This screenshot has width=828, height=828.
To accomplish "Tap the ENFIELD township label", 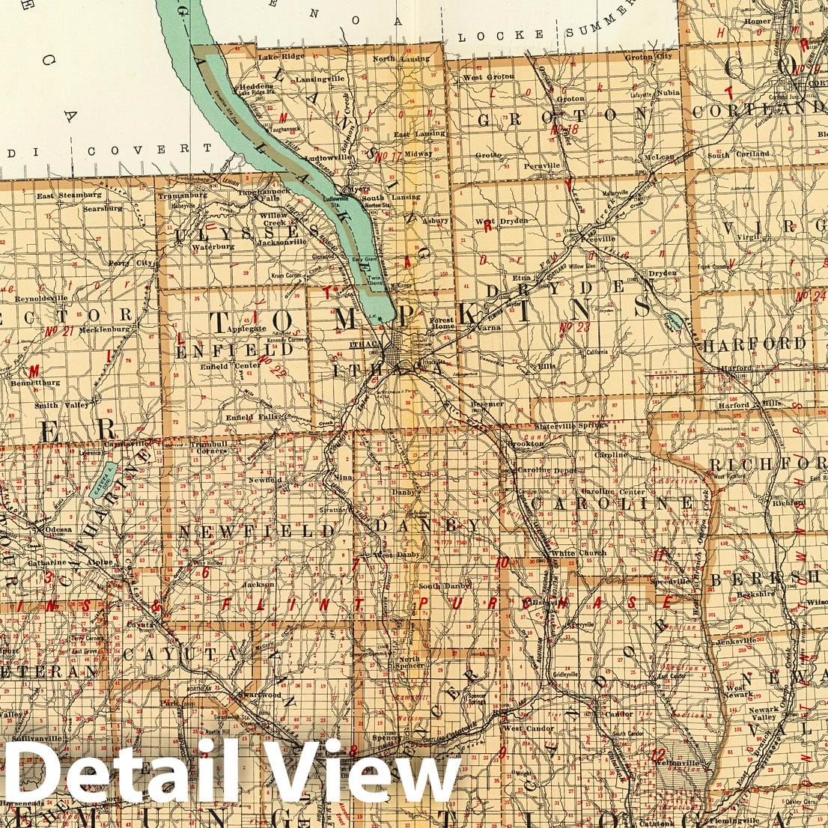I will (225, 350).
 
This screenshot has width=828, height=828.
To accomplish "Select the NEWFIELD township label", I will (256, 532).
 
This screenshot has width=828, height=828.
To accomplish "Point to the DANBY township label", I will (427, 526).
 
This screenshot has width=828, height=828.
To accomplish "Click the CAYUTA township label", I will (180, 654).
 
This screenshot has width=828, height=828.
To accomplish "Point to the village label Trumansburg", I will (181, 195).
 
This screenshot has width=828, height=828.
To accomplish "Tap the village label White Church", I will (579, 553).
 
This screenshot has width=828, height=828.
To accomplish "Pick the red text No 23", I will (574, 326).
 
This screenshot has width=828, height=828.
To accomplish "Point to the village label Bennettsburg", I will (35, 383).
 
